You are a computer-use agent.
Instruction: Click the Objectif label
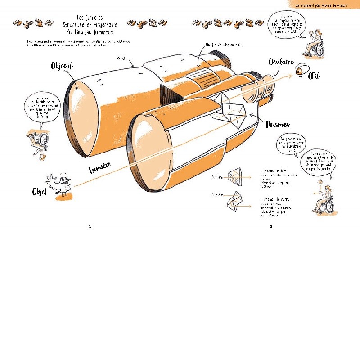pos(63,66)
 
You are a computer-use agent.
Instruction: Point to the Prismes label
pos(278,125)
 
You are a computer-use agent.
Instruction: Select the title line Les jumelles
pos(90,17)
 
